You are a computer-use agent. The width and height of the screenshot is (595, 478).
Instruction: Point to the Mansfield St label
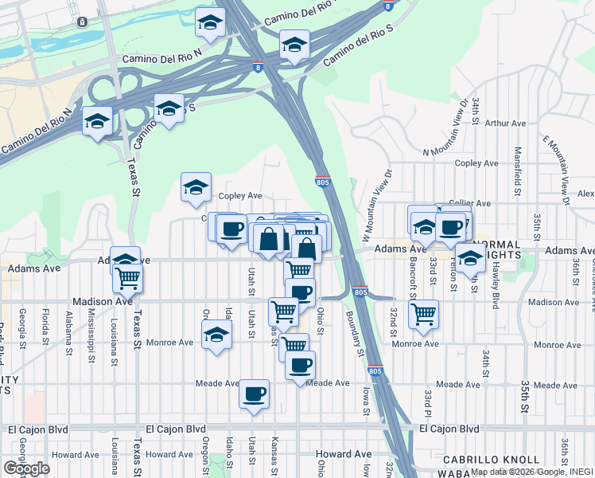coord(518,170)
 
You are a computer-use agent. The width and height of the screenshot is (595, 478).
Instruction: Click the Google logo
coord(26,468)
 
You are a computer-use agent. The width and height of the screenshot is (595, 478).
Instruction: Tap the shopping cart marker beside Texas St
coord(127,279)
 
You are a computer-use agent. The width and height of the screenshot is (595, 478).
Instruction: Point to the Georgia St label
coord(22,329)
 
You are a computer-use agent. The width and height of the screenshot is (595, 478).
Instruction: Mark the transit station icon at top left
coord(82,22)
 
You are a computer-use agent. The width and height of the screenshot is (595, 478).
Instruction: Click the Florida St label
coord(47,329)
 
